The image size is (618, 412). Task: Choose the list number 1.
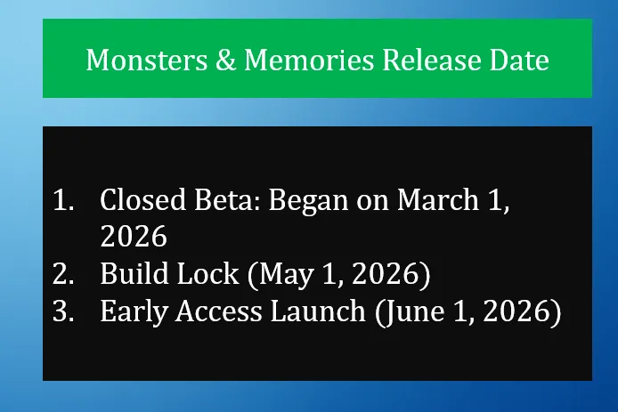tap(63, 200)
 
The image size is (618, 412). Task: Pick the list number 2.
tap(63, 274)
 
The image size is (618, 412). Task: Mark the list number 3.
tap(63, 311)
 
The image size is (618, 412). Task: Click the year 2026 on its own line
tap(134, 237)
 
